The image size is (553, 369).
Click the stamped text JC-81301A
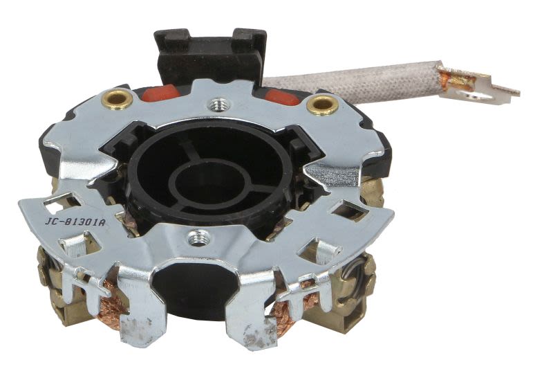(75, 222)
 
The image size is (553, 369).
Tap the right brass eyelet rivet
(321, 105)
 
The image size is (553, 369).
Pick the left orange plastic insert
(161, 93)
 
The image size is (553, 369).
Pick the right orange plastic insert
(282, 96)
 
